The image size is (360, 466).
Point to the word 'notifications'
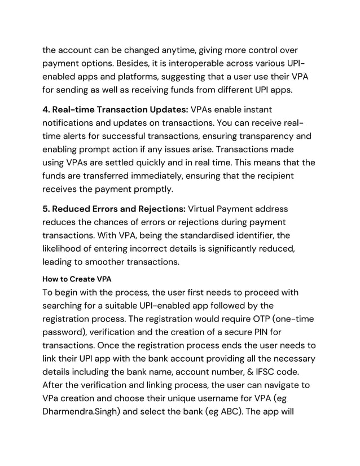72,122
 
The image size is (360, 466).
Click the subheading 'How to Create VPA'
77,279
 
